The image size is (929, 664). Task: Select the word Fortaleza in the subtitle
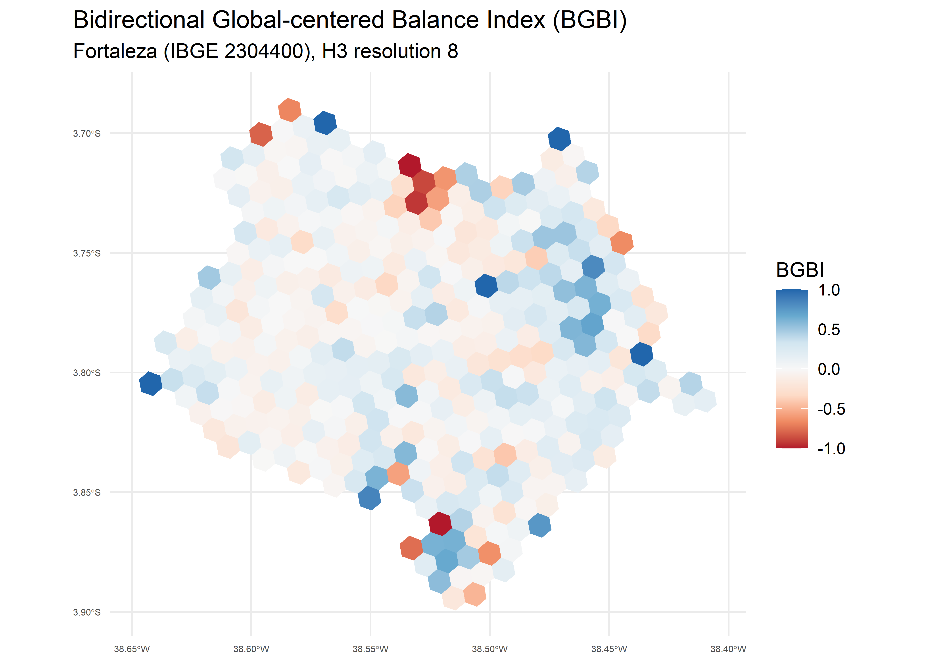[x=115, y=52]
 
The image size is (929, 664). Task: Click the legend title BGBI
[x=800, y=270]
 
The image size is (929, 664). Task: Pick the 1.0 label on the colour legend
[x=829, y=290]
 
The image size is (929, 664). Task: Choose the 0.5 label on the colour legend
[x=829, y=330]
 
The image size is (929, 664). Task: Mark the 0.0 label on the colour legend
[x=829, y=369]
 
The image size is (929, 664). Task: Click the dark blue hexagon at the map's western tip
[x=151, y=384]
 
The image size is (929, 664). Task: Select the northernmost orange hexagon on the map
[x=290, y=110]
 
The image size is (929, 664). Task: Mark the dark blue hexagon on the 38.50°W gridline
[x=486, y=285]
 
